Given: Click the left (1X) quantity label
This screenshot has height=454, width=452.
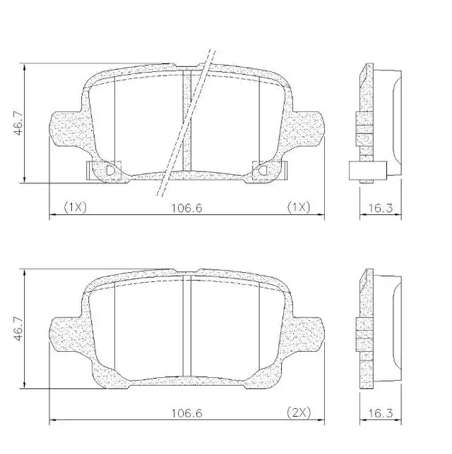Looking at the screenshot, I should click(x=74, y=207).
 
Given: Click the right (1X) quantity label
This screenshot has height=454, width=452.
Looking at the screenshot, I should click(x=297, y=207).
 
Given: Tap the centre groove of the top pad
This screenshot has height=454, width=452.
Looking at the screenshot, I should click(x=186, y=120).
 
